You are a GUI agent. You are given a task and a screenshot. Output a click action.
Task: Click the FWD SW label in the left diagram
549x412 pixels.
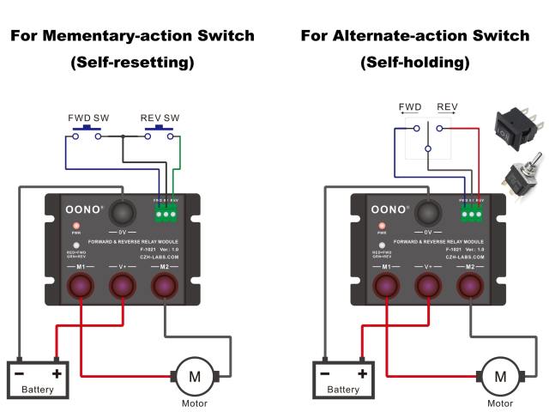point(83,118)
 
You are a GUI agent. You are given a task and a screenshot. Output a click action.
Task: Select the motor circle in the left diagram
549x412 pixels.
point(194,375)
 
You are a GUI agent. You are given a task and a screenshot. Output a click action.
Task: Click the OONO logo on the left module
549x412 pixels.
point(85,209)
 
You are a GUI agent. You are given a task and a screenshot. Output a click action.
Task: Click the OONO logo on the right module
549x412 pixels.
point(390,209)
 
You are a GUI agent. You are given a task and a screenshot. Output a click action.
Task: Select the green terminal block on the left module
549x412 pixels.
point(165,212)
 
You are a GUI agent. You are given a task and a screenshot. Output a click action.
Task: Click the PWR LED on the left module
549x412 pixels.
point(76,225)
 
